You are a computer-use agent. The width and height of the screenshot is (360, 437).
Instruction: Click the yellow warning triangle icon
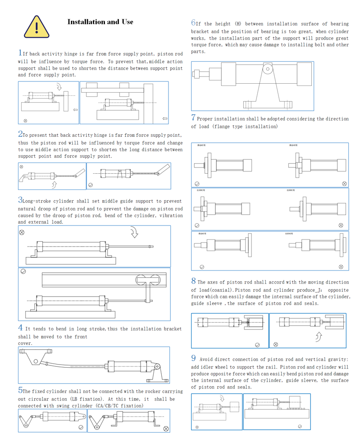pyautogui.click(x=36, y=27)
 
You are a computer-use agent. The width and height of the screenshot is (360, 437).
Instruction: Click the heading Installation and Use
pyautogui.click(x=100, y=22)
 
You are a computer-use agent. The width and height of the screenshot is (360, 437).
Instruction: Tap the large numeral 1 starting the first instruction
pyautogui.click(x=20, y=54)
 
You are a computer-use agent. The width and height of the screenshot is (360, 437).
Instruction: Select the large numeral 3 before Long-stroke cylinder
pyautogui.click(x=20, y=200)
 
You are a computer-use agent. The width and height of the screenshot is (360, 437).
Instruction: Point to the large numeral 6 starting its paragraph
pyautogui.click(x=193, y=23)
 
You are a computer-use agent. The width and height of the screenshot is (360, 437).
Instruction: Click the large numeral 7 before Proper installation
pyautogui.click(x=193, y=118)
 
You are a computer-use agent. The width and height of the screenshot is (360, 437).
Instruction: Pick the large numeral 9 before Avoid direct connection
pyautogui.click(x=193, y=358)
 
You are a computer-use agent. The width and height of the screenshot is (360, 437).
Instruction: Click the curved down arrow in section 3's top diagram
pyautogui.click(x=134, y=233)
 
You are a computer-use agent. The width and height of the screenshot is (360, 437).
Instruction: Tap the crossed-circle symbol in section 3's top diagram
pyautogui.click(x=22, y=232)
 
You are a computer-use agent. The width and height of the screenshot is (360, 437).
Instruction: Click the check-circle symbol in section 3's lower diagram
pyautogui.click(x=23, y=271)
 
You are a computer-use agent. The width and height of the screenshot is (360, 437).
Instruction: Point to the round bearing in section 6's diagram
pyautogui.click(x=268, y=69)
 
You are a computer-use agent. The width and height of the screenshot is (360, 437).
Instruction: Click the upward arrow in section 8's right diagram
pyautogui.click(x=319, y=336)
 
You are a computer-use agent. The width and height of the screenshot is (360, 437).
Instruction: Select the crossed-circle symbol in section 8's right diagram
pyautogui.click(x=276, y=345)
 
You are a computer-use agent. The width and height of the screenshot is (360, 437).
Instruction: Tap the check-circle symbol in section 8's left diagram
pyautogui.click(x=257, y=345)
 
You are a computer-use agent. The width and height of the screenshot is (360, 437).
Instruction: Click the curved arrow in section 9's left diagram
pyautogui.click(x=221, y=398)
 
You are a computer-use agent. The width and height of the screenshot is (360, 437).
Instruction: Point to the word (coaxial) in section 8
pyautogui.click(x=223, y=290)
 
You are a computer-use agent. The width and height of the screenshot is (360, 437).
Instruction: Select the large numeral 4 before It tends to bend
pyautogui.click(x=20, y=328)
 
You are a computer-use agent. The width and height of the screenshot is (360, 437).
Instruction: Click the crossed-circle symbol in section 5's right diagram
pyautogui.click(x=166, y=429)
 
